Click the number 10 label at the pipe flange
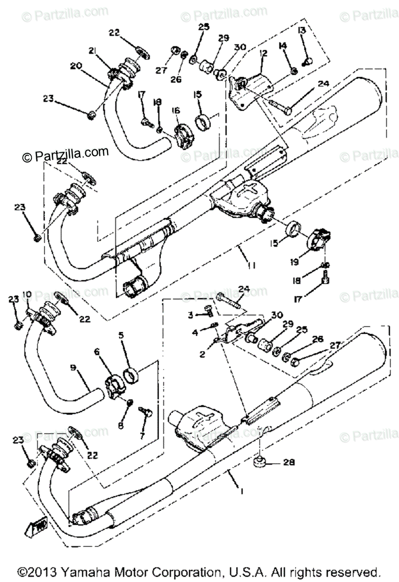(x=26, y=294)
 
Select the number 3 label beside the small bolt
(x=191, y=315)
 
